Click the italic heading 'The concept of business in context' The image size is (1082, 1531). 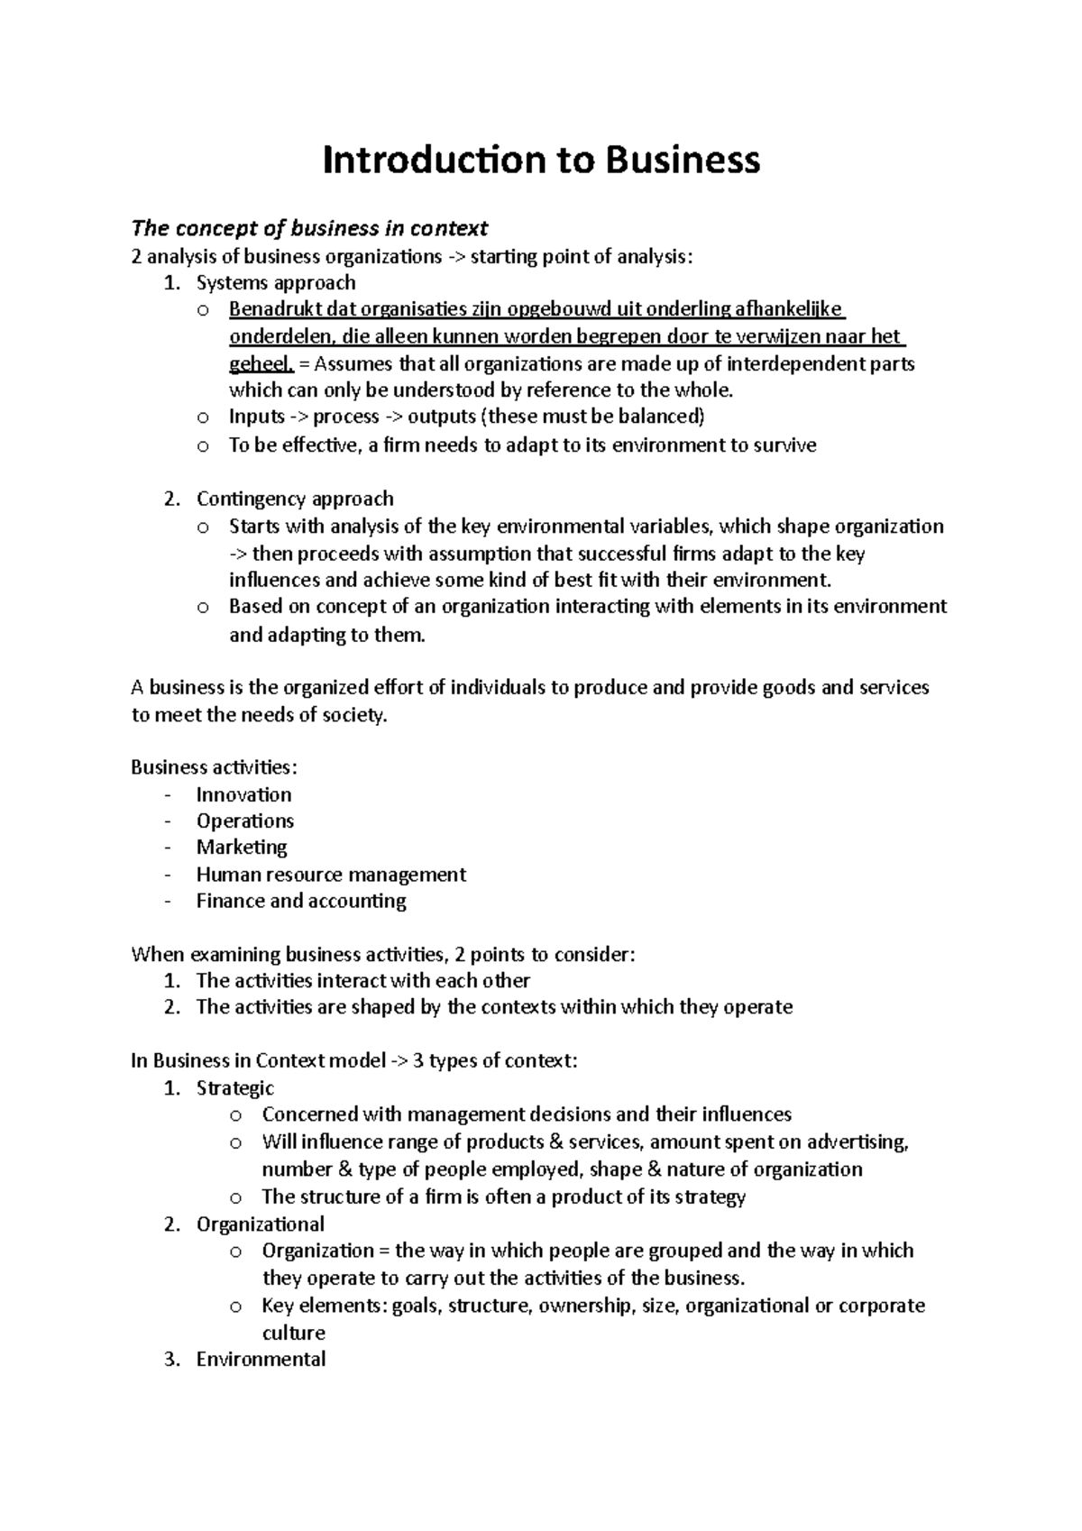(309, 228)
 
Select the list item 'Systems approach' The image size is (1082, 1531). (276, 283)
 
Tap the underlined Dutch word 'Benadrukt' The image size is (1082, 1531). (269, 310)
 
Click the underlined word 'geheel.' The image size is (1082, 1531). (261, 364)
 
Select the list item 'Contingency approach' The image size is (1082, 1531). (295, 499)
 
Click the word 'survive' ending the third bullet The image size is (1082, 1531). (784, 445)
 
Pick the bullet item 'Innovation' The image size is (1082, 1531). (243, 794)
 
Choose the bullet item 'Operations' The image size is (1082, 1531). (244, 821)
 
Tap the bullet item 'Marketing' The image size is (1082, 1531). (241, 847)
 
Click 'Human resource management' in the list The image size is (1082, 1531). (331, 874)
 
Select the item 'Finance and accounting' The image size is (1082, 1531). (301, 901)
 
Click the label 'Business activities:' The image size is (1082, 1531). (214, 767)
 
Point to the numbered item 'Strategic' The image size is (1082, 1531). (234, 1088)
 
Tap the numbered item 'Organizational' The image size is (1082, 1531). (260, 1224)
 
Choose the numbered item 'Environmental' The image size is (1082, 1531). (261, 1359)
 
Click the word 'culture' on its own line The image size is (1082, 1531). (293, 1333)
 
